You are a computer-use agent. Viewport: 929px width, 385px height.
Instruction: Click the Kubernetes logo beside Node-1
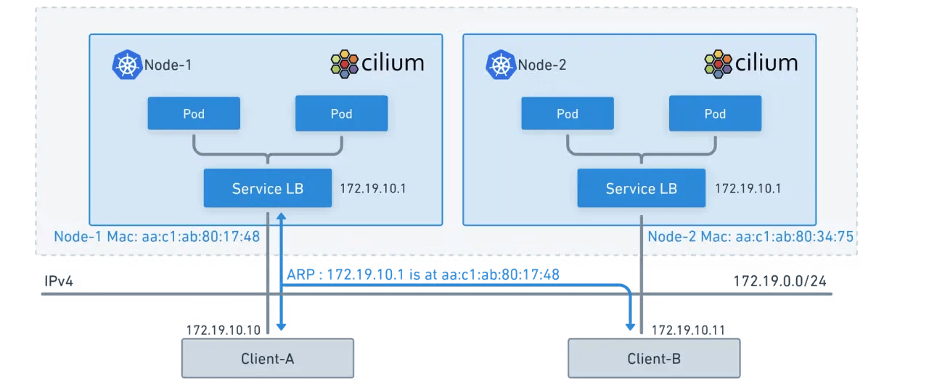pos(126,65)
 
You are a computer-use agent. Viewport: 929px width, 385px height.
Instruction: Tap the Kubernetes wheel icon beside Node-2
pos(500,65)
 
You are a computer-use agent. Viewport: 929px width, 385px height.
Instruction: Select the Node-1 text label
pos(168,65)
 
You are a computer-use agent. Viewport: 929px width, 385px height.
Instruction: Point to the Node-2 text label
pos(541,65)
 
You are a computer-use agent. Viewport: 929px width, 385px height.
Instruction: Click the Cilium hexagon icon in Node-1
pos(344,64)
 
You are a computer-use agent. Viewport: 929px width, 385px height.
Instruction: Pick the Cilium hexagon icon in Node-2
pos(718,64)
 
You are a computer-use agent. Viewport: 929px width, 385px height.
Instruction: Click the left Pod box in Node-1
pos(194,113)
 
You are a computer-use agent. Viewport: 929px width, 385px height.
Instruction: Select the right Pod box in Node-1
pos(341,113)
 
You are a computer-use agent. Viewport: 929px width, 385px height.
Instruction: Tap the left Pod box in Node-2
pos(568,113)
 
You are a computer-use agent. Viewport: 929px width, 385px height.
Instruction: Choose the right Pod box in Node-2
pos(715,113)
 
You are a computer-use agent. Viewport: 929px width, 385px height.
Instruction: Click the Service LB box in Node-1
pos(267,188)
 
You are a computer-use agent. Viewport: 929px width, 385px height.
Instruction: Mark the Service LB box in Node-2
pos(641,188)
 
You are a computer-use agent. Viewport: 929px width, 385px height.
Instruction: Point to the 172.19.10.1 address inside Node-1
pos(373,189)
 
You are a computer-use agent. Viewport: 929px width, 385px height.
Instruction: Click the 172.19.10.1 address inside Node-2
pos(748,189)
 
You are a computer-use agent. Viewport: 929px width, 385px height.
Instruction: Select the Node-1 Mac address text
pos(157,237)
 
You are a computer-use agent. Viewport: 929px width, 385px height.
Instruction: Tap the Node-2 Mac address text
pos(750,237)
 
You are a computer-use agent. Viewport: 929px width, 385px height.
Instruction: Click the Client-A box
pos(267,358)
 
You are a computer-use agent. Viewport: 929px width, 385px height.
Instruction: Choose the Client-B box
pos(653,358)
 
